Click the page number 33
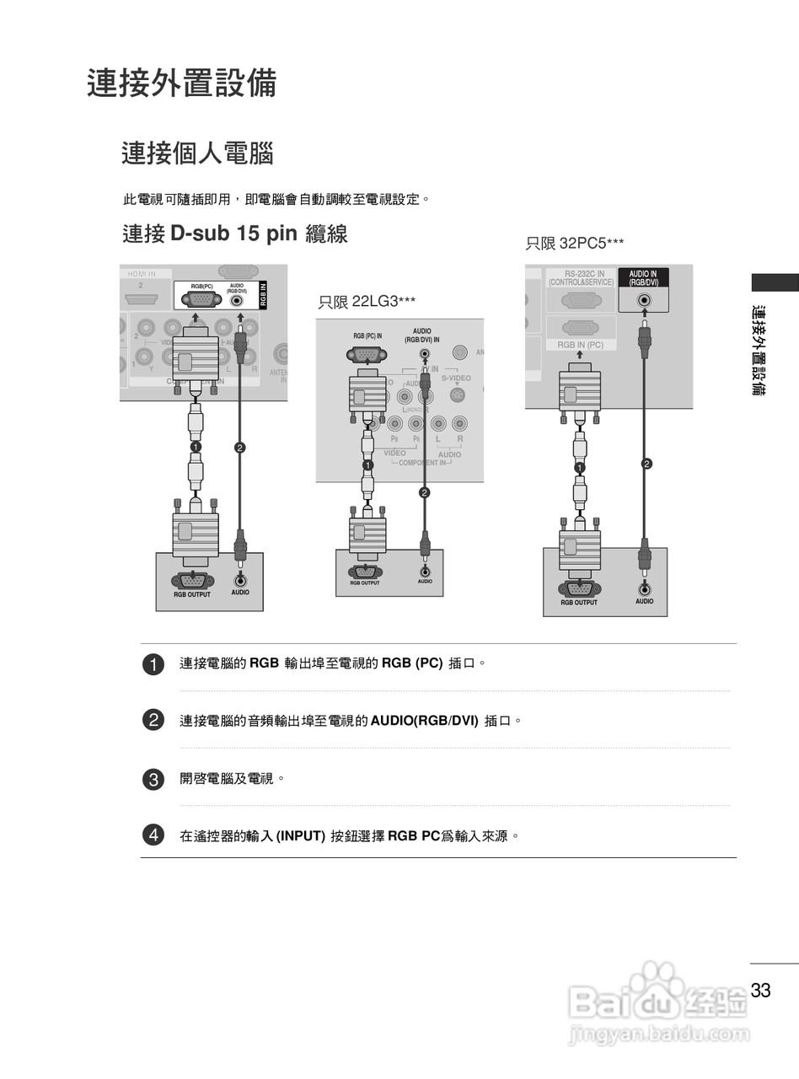[761, 990]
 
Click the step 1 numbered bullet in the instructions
[153, 664]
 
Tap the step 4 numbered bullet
[153, 835]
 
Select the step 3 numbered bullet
[153, 780]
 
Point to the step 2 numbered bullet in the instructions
[153, 721]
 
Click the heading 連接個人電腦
[197, 154]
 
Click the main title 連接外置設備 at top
[182, 84]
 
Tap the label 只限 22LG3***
[367, 302]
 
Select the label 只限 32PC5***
[575, 244]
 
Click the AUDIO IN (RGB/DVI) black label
[643, 278]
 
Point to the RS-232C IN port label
[581, 278]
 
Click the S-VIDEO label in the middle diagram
[456, 378]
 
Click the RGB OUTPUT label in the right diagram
[579, 603]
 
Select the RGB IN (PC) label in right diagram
[580, 346]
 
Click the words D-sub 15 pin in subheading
[233, 234]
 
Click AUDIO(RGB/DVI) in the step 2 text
[424, 721]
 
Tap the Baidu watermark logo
[658, 999]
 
